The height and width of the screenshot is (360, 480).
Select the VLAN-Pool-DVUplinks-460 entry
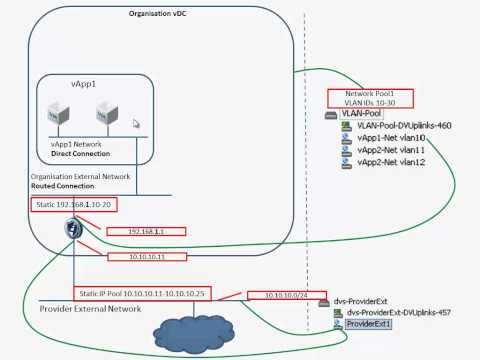[x=396, y=125]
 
